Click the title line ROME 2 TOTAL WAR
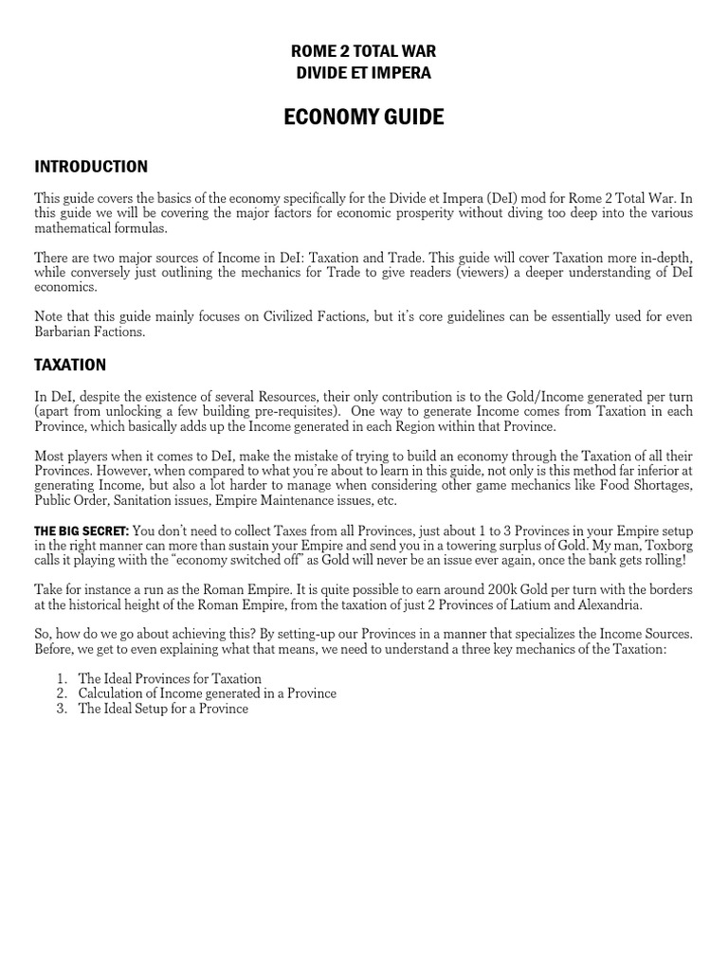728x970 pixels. coord(364,51)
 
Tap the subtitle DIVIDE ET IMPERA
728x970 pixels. coord(364,73)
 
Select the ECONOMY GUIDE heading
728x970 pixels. coord(364,117)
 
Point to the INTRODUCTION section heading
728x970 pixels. coord(91,167)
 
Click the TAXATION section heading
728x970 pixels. coord(70,365)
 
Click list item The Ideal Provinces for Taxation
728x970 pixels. coord(170,678)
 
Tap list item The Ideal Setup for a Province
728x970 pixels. coord(163,709)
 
